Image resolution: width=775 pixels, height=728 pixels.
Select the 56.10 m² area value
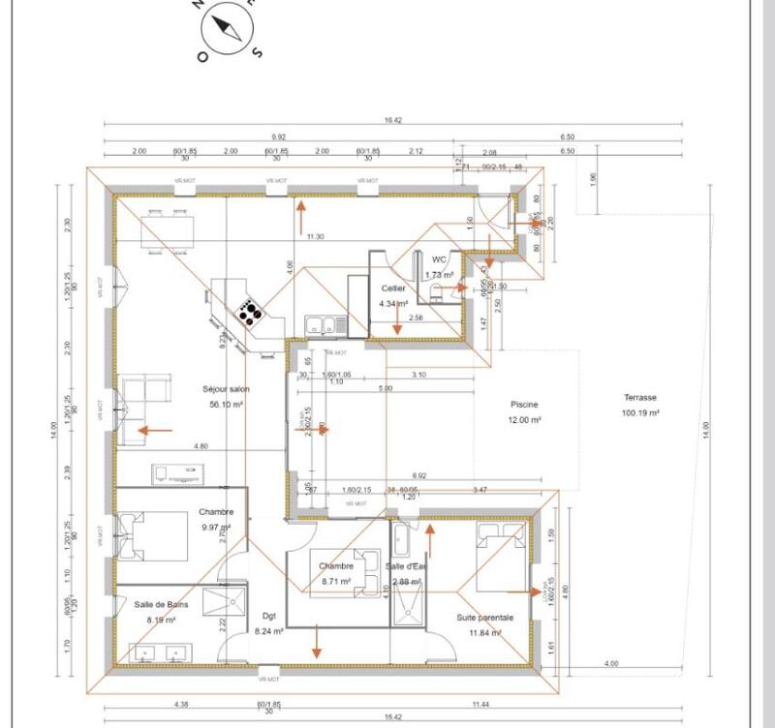pos(225,405)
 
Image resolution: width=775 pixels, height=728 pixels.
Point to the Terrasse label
pos(640,398)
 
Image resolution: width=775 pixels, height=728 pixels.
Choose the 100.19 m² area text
pos(640,412)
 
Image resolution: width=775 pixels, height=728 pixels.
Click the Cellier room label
pos(393,288)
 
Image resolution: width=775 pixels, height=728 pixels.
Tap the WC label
pos(439,259)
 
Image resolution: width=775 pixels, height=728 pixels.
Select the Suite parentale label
pos(484,617)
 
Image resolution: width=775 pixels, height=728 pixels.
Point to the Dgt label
pos(268,614)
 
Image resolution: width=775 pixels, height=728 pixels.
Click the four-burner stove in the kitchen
pos(251,313)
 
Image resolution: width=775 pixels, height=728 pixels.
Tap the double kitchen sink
pos(320,325)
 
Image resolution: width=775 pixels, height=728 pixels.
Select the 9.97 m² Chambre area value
pos(213,528)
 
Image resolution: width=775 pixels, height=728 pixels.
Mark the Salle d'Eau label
pos(414,566)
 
